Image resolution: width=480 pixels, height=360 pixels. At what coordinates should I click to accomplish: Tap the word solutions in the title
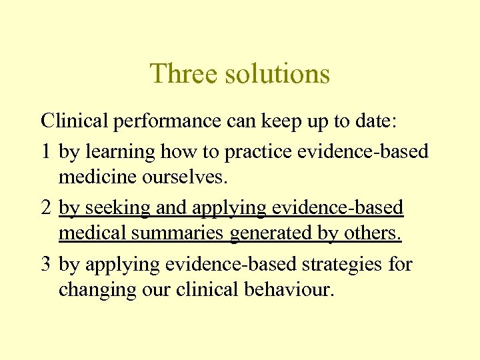pos(277,73)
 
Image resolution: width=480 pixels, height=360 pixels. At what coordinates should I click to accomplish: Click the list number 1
pos(45,151)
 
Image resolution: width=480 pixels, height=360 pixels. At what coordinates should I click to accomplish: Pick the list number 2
pos(45,208)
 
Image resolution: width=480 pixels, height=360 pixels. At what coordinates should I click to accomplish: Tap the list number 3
pos(45,265)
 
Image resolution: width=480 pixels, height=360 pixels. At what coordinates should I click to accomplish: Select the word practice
pos(260,151)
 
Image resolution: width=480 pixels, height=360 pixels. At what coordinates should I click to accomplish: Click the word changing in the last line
pos(99,291)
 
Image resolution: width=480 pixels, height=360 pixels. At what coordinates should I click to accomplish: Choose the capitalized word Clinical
pos(74,122)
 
